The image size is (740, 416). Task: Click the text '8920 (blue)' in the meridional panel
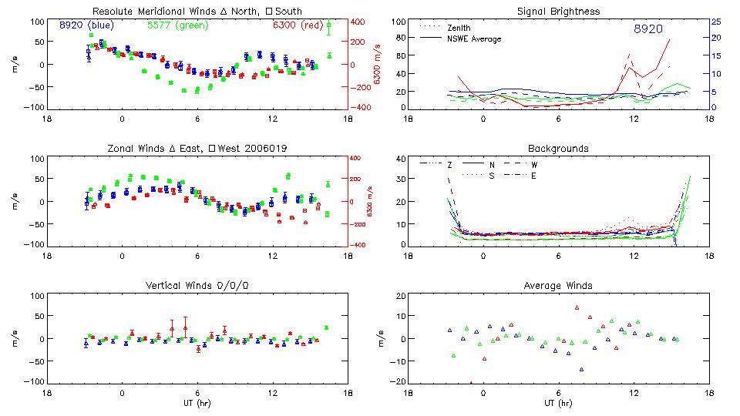click(86, 25)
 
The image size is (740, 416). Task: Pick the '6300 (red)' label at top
click(294, 25)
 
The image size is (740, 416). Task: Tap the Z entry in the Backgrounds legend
click(449, 165)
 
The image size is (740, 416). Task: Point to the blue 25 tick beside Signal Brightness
click(715, 22)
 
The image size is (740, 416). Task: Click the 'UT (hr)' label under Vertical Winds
click(197, 403)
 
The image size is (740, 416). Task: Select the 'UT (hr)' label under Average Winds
click(558, 403)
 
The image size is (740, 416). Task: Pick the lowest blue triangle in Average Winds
click(581, 369)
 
